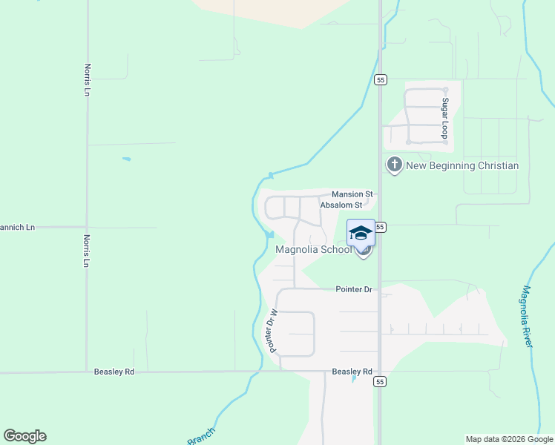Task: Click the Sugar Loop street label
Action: tap(445, 117)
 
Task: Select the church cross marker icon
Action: tap(394, 164)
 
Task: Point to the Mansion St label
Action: tap(351, 194)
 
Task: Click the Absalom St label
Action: tap(341, 205)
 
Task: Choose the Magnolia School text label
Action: tap(313, 249)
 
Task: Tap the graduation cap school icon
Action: tap(361, 233)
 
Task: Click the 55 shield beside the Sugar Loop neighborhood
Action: tap(381, 79)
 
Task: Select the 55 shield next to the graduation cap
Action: tap(381, 226)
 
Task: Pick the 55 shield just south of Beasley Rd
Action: tap(381, 381)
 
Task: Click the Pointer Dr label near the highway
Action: tap(352, 289)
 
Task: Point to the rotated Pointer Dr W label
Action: tap(272, 330)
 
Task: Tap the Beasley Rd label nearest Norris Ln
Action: tap(114, 372)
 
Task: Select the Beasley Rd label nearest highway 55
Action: tap(352, 372)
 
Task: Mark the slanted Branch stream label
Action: tap(201, 436)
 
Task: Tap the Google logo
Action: tap(24, 436)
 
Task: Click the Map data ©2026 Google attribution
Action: tap(510, 439)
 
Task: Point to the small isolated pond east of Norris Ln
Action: tap(127, 159)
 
